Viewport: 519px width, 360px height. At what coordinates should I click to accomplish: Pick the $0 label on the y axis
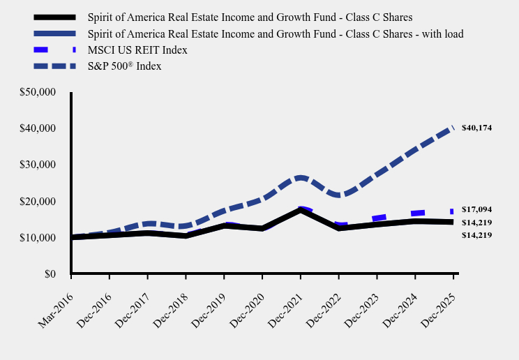point(50,274)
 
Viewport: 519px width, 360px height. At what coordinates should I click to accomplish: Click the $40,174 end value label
point(477,128)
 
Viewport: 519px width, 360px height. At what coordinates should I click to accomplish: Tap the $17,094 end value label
point(477,209)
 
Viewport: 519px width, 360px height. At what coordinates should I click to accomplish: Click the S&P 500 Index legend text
point(124,66)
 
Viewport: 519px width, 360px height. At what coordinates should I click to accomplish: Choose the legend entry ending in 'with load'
point(275,33)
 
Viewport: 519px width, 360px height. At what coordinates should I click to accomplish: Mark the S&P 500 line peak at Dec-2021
point(300,178)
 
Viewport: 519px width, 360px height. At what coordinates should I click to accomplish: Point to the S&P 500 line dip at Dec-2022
point(338,195)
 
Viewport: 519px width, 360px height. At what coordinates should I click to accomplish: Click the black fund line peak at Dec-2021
point(300,210)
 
